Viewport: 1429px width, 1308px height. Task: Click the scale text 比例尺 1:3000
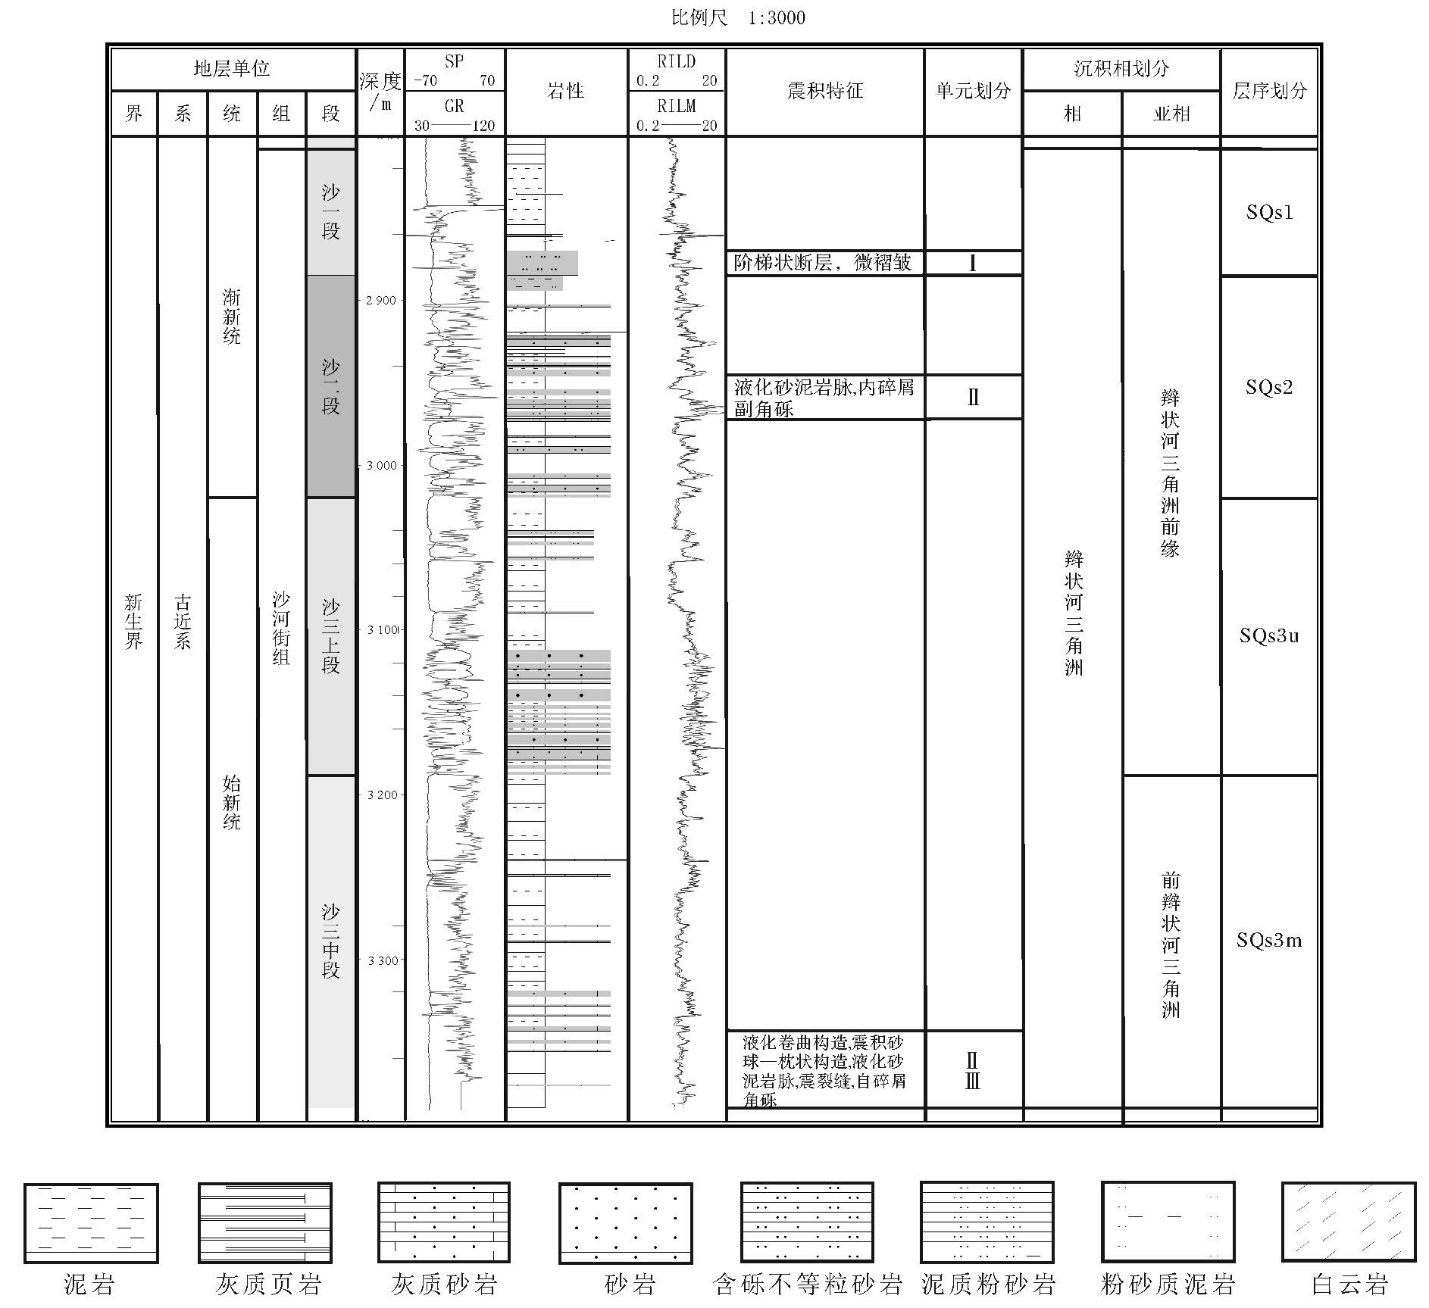click(737, 17)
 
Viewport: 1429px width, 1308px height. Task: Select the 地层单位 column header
click(232, 69)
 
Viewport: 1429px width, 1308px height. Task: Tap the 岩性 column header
click(566, 91)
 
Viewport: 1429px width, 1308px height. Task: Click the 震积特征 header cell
click(824, 91)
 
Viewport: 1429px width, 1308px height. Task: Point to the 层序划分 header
click(1269, 91)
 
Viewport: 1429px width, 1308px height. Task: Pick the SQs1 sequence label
click(1269, 212)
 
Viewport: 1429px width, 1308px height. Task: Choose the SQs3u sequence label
click(1269, 635)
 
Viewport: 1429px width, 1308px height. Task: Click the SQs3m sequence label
click(1269, 941)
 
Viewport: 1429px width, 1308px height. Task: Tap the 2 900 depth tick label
click(381, 301)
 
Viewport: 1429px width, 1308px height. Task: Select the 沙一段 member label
click(330, 212)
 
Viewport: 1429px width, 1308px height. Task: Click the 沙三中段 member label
click(330, 941)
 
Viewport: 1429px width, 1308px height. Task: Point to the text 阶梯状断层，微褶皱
click(823, 263)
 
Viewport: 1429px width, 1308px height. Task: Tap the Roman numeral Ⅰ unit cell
click(973, 263)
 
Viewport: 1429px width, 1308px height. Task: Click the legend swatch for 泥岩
click(91, 1222)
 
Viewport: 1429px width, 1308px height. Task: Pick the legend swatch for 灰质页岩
click(265, 1222)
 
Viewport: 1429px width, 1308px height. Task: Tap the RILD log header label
click(676, 61)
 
